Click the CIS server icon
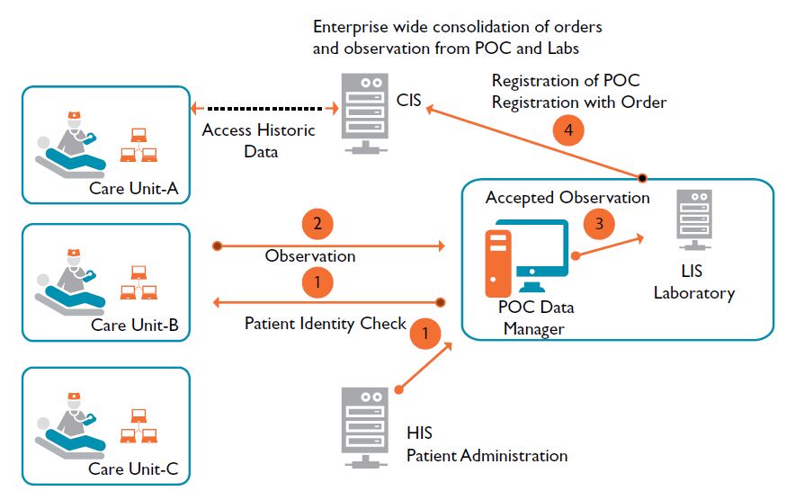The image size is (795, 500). click(x=365, y=115)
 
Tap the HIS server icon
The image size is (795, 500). click(x=365, y=425)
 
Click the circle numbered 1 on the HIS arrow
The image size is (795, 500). click(x=426, y=335)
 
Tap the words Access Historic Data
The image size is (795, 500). click(x=259, y=140)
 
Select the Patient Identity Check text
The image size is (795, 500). click(x=326, y=323)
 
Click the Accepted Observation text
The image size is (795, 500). click(x=567, y=197)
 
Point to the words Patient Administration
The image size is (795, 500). click(x=487, y=455)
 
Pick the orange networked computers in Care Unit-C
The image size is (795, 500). click(x=138, y=426)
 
